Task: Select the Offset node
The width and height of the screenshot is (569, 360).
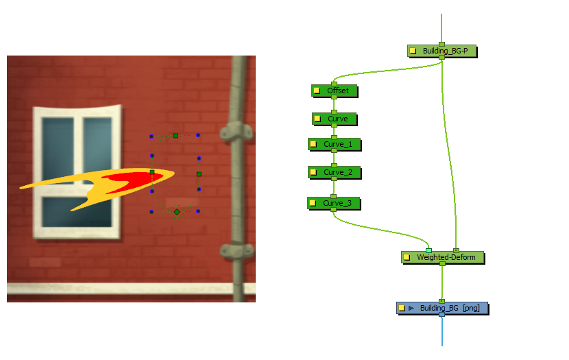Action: click(x=338, y=91)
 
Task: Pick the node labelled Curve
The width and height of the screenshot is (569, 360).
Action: click(x=338, y=119)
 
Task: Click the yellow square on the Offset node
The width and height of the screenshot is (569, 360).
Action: click(x=317, y=91)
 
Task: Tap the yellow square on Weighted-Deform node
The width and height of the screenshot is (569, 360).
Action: click(x=407, y=257)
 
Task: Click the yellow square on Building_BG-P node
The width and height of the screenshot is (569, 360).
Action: click(x=413, y=51)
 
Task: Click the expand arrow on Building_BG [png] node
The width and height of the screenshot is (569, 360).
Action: click(x=411, y=308)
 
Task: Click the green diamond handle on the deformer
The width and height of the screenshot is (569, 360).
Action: click(x=177, y=212)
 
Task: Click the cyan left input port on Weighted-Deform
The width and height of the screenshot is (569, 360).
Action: click(x=429, y=250)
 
